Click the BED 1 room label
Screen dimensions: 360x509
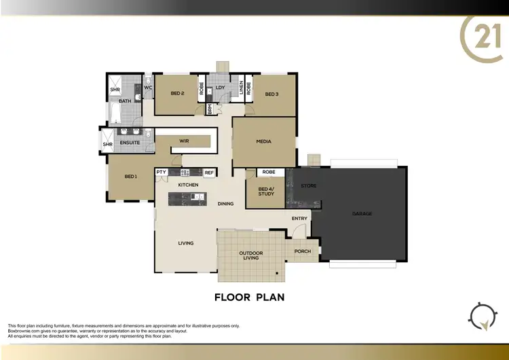coord(130,177)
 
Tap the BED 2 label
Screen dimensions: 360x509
coord(177,93)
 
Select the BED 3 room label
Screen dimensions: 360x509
coord(272,94)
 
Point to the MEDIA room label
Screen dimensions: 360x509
coord(263,141)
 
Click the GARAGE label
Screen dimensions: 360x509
coord(362,214)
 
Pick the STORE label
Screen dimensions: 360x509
coord(309,185)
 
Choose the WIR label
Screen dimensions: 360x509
coord(183,141)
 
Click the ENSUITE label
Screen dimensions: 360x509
coord(130,143)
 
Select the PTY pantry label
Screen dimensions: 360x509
coord(162,173)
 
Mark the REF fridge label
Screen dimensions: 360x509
coord(209,173)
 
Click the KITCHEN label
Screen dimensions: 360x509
coord(188,185)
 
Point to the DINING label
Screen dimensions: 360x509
coord(225,204)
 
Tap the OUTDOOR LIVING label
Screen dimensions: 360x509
coord(250,256)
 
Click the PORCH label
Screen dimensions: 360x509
coord(303,251)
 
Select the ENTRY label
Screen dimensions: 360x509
coord(299,219)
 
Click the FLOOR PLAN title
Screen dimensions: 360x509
coord(249,297)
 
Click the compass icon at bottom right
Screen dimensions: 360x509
coord(482,316)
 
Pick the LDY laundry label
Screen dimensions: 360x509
coord(221,87)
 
